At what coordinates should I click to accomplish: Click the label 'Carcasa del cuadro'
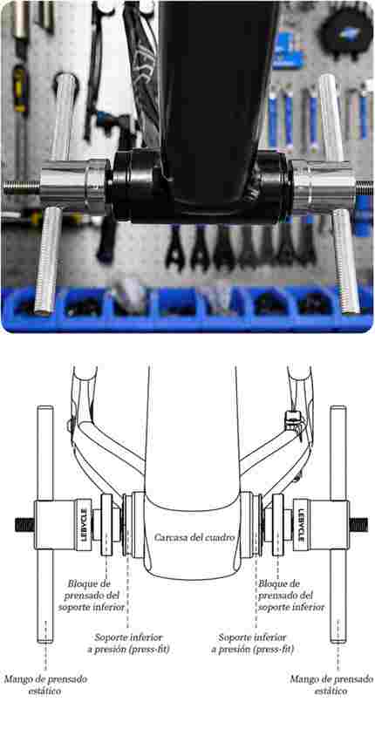194,537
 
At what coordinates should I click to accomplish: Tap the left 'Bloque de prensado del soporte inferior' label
97,595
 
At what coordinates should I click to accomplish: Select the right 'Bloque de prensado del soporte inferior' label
291,595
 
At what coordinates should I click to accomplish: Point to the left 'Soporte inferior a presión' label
128,643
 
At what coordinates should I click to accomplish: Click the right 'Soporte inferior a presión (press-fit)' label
252,643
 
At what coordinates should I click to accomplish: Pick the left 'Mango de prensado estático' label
45,685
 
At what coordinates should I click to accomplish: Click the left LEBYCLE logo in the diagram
84,525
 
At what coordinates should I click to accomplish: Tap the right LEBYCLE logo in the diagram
300,525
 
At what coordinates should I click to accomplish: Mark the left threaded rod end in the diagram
25,525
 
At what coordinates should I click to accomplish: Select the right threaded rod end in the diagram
358,525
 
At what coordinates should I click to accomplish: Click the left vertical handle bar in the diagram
45,524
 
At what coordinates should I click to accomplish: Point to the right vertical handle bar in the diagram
337,524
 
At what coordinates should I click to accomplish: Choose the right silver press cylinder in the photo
323,187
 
